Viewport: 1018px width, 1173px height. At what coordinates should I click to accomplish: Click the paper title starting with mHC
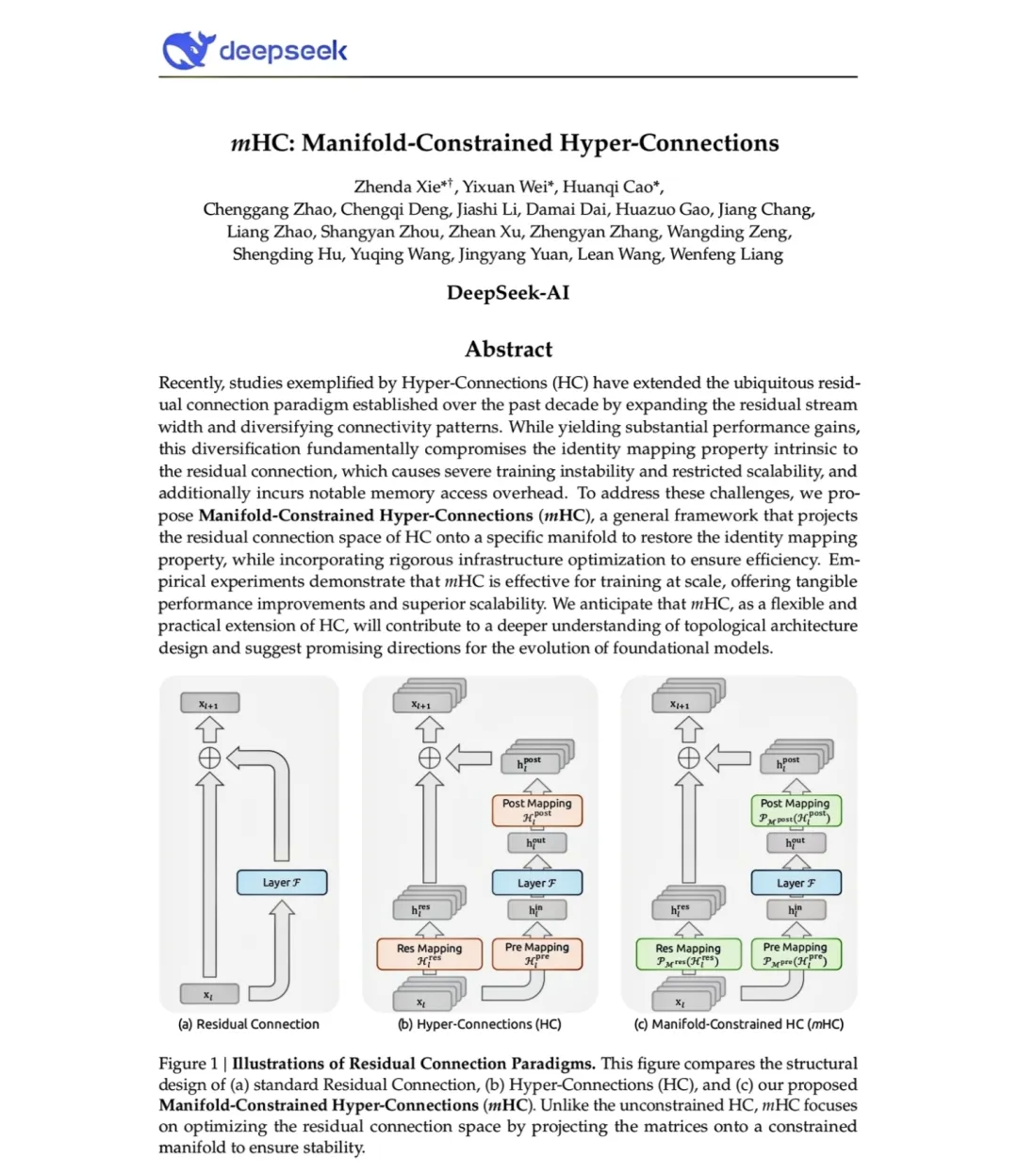505,143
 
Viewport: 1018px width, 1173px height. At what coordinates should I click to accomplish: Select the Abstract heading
508,350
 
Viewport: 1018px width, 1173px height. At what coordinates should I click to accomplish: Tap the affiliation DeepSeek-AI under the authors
508,293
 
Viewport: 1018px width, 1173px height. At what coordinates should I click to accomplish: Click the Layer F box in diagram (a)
281,883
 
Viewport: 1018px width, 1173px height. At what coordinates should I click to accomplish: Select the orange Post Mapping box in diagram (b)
536,810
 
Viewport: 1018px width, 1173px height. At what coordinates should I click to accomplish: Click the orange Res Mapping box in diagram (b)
429,954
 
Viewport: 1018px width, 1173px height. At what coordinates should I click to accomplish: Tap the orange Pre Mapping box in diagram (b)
536,953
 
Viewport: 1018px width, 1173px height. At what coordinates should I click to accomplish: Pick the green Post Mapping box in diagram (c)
795,810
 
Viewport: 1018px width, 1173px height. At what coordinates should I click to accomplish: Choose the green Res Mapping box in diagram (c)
687,954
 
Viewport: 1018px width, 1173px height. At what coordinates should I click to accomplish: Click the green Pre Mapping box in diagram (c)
795,953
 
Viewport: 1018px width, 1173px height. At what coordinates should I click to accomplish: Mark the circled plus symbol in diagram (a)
209,758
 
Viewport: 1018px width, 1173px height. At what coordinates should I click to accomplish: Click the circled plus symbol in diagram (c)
689,758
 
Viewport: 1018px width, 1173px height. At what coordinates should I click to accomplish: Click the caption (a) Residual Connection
249,1024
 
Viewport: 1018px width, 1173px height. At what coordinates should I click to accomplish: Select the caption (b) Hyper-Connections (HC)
479,1024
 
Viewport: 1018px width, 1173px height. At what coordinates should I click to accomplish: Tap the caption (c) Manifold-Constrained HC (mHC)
738,1024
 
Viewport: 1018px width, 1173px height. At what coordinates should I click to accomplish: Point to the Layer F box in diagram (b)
536,883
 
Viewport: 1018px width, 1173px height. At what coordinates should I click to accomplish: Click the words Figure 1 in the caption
187,1064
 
